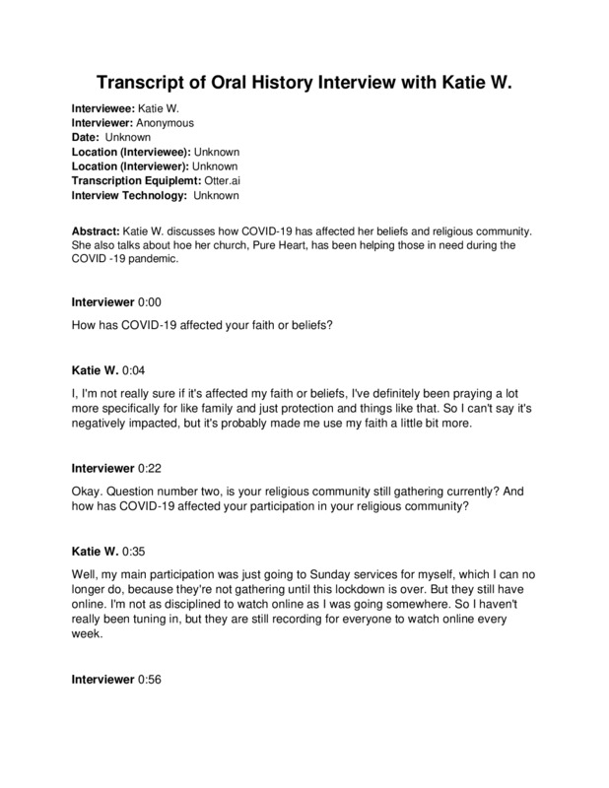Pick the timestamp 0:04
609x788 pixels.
coord(133,369)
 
